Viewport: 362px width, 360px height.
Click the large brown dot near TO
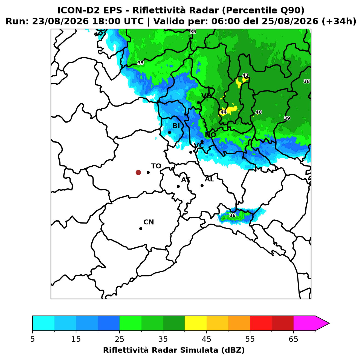138,172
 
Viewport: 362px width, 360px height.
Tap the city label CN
149,222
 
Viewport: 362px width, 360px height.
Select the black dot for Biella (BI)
169,132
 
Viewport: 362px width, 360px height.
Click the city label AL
209,179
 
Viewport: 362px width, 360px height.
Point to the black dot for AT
178,186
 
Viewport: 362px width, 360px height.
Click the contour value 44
223,112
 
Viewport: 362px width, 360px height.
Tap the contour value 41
245,75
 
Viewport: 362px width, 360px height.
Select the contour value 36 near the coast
232,215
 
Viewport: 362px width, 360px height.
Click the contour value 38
306,81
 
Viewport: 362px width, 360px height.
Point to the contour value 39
287,118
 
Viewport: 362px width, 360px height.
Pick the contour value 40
259,112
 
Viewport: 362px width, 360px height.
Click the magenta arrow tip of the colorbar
329,323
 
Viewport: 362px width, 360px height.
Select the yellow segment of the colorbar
195,323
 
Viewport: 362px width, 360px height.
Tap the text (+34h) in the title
339,21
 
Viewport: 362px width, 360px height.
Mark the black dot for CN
141,228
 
